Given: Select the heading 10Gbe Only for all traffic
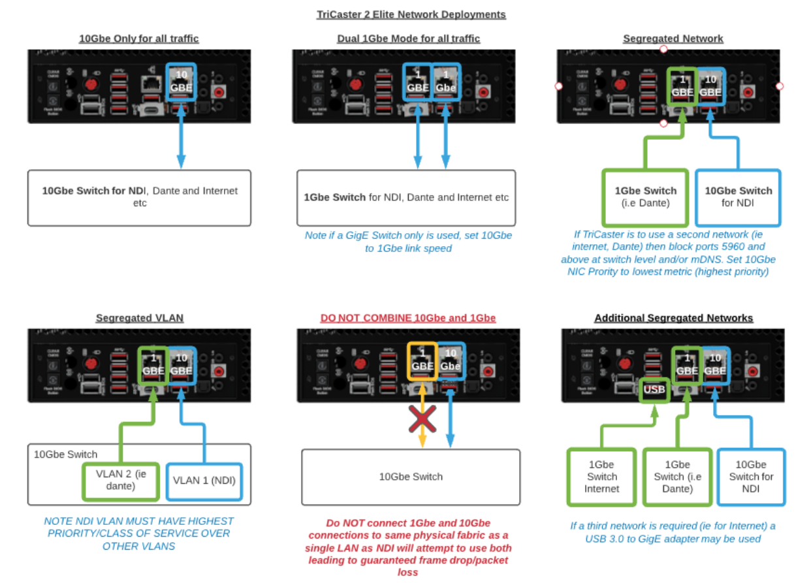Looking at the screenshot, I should click(x=138, y=39).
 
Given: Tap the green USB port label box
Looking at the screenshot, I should click(x=654, y=390).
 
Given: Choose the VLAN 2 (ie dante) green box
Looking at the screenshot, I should click(x=120, y=481).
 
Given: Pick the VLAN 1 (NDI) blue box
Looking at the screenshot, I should click(x=204, y=481).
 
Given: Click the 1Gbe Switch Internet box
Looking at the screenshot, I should click(x=601, y=477).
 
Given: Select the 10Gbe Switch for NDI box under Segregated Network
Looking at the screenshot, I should click(x=738, y=197).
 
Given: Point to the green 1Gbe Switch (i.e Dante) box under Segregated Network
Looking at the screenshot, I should click(x=645, y=197).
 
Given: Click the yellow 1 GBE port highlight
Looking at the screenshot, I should click(x=422, y=360).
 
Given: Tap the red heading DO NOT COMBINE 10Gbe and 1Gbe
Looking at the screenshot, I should click(x=408, y=318).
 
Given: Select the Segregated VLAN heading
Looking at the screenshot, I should click(x=139, y=318).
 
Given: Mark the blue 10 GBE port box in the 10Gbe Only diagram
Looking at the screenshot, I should click(x=181, y=82).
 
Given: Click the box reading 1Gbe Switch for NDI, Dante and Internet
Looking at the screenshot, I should click(x=405, y=198).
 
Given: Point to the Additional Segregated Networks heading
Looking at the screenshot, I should click(x=673, y=318).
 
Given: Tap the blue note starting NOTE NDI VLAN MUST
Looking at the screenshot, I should click(x=138, y=533).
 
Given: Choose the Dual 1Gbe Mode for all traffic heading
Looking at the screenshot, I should click(x=408, y=39).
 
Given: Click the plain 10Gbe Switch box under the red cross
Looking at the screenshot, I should click(x=411, y=477).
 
